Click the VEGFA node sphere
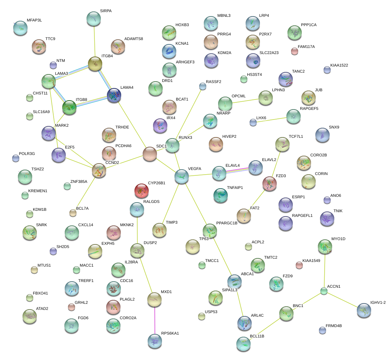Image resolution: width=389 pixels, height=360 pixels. pyautogui.click(x=182, y=176)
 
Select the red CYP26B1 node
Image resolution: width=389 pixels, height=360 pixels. pyautogui.click(x=142, y=191)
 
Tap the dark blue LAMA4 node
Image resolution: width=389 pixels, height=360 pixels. pyautogui.click(x=114, y=95)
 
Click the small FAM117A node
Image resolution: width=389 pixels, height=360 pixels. pyautogui.click(x=295, y=52)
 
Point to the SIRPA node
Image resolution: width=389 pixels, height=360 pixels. pyautogui.click(x=94, y=19)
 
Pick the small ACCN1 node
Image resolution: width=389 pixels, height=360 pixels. pyautogui.click(x=324, y=291)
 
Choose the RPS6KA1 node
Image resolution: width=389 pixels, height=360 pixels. pyautogui.click(x=155, y=341)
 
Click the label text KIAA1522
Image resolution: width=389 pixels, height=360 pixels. pyautogui.click(x=339, y=65)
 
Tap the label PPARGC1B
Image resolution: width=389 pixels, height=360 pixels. pyautogui.click(x=227, y=223)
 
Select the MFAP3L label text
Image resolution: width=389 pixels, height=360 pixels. pyautogui.click(x=34, y=20)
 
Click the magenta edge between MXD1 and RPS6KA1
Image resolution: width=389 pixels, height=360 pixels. pyautogui.click(x=154, y=320)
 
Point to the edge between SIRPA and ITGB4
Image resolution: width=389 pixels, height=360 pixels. pyautogui.click(x=94, y=41)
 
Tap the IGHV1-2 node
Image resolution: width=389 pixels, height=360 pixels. pyautogui.click(x=364, y=310)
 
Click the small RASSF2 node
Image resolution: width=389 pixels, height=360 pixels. pyautogui.click(x=203, y=86)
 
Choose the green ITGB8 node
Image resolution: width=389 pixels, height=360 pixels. pyautogui.click(x=69, y=107)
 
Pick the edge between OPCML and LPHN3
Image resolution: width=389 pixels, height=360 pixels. pyautogui.click(x=245, y=101)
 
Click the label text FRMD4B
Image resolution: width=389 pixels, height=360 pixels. pyautogui.click(x=334, y=326)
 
